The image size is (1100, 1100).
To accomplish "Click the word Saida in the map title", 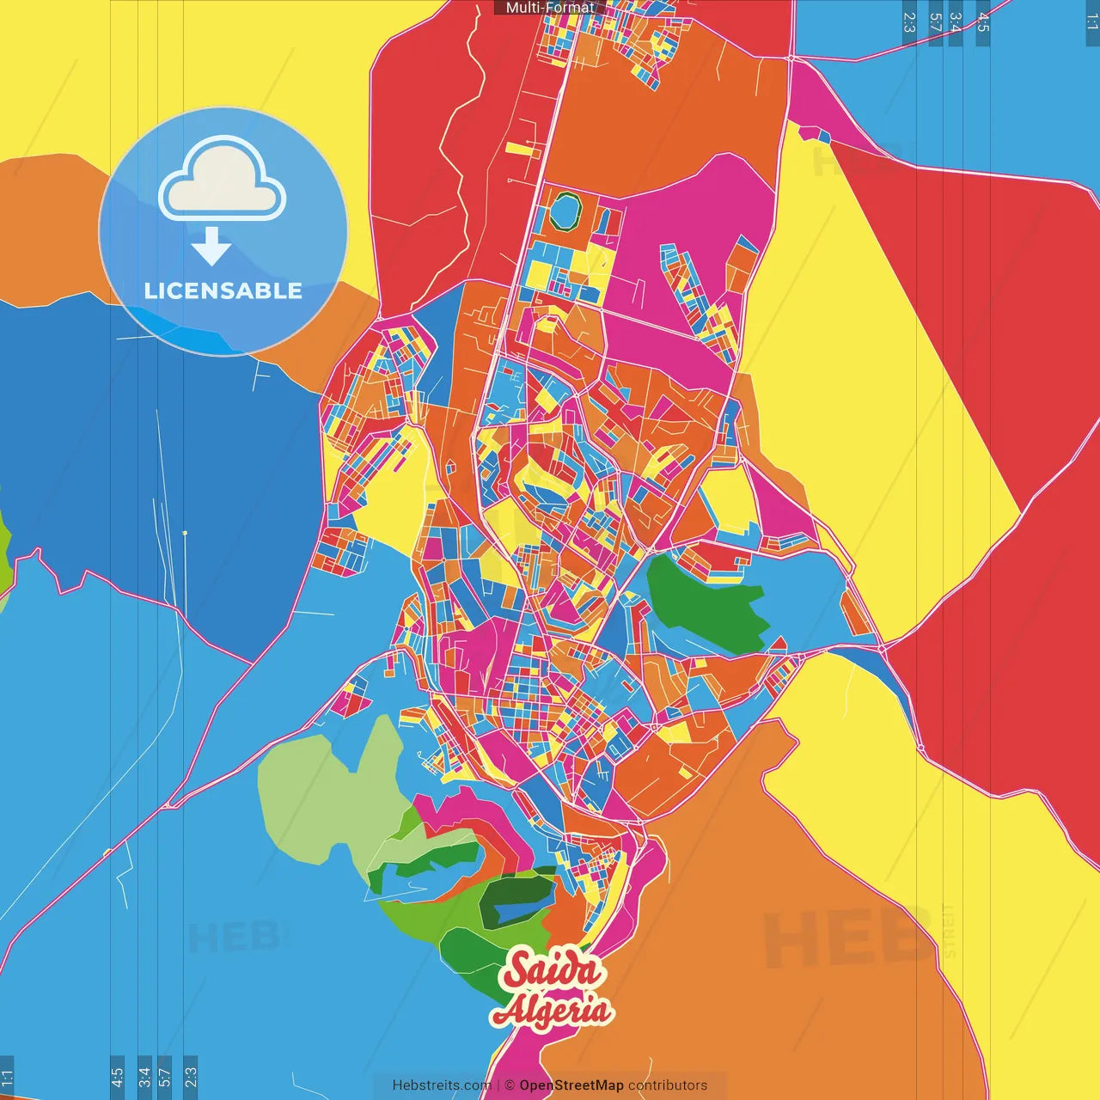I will (x=553, y=970).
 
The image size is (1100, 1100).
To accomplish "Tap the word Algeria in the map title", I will (x=552, y=1011).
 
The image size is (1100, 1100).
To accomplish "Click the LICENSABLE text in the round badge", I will (x=223, y=290).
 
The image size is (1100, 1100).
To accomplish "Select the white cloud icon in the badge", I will (x=223, y=184).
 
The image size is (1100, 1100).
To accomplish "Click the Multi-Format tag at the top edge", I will (x=549, y=8).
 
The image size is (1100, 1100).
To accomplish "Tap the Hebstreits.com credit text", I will (x=442, y=1085).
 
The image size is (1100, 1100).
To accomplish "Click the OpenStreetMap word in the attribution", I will (x=571, y=1085).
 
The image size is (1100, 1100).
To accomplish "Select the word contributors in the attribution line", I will (x=668, y=1085).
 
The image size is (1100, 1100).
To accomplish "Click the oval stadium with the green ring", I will (x=565, y=211).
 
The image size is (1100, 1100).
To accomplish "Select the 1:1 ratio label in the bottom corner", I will (x=7, y=1077).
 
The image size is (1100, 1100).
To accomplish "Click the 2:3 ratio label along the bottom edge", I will (x=191, y=1077).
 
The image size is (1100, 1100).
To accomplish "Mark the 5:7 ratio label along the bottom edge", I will (x=165, y=1077).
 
